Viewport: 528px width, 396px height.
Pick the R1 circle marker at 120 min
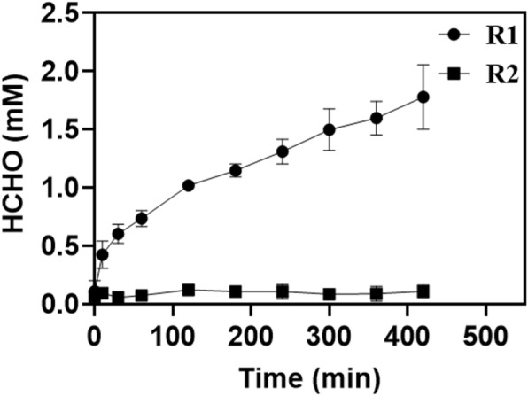click(x=188, y=185)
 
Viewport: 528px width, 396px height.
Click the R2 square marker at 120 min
click(x=188, y=290)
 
